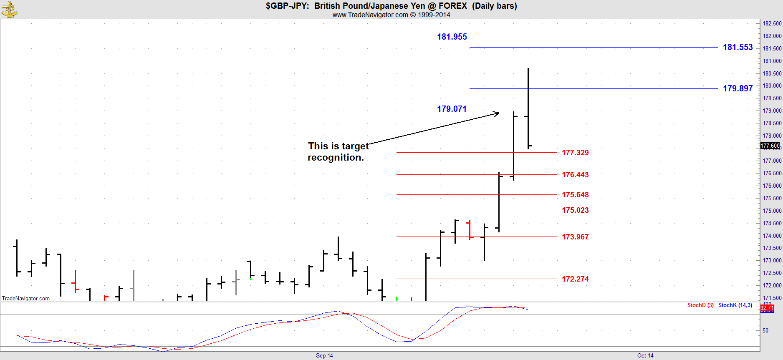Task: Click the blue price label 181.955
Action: coord(452,37)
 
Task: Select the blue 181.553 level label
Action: coord(738,47)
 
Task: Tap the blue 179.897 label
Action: coord(738,88)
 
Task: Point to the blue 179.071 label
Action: coord(452,109)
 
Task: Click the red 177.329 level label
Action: coord(575,153)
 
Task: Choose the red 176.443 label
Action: coord(575,175)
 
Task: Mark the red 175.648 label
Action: coord(575,195)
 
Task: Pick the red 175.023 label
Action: coord(575,210)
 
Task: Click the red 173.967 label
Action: coord(575,237)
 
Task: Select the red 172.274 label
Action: coord(575,279)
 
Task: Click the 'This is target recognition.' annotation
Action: coord(338,152)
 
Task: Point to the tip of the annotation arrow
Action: coord(499,113)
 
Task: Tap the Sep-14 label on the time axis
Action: coord(324,356)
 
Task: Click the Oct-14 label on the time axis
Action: coord(645,356)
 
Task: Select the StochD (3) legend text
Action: coord(700,305)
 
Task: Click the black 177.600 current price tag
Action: coord(770,146)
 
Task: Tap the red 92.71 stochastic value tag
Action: coord(767,308)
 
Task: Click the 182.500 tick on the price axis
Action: coord(772,23)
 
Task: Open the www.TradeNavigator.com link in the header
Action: coord(370,15)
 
